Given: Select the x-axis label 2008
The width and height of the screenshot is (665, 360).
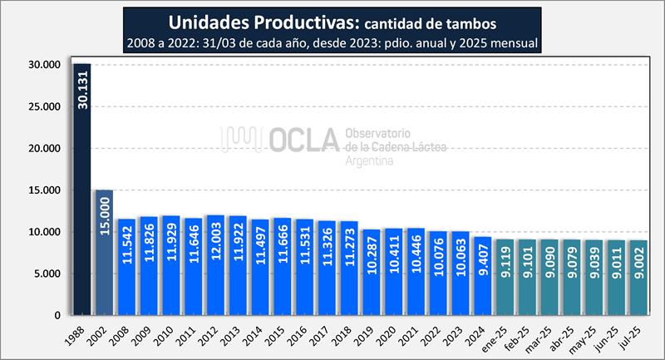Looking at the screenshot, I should (x=121, y=334).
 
